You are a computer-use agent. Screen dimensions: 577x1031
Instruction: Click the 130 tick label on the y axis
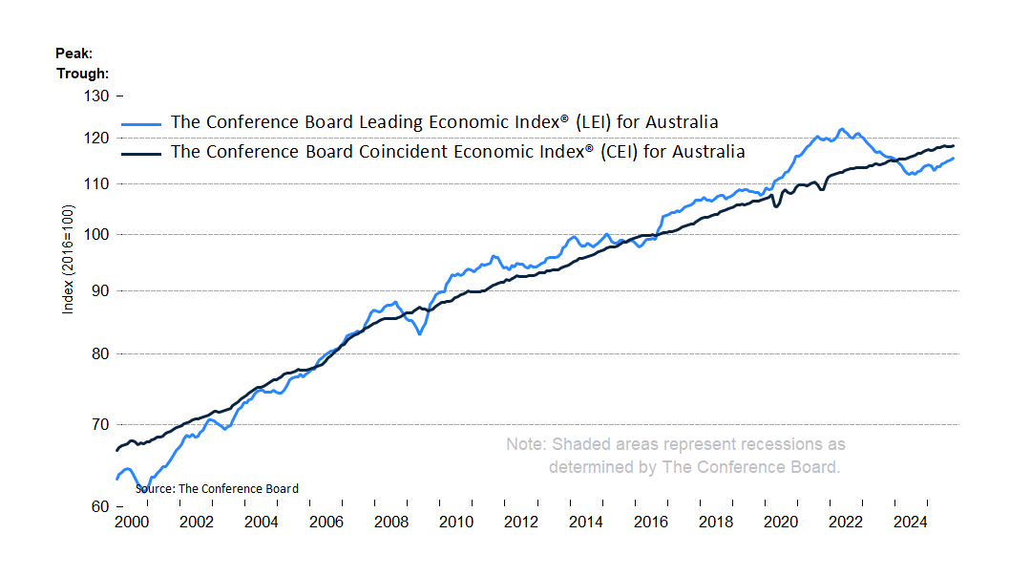tap(97, 96)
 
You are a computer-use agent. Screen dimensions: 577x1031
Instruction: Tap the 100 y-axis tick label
tap(98, 235)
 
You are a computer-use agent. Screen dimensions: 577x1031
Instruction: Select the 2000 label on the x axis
tap(131, 523)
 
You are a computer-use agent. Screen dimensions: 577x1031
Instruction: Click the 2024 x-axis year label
tap(912, 523)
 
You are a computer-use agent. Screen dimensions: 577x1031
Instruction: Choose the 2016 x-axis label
tap(651, 523)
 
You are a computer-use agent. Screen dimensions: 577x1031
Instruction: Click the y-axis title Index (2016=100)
tap(68, 259)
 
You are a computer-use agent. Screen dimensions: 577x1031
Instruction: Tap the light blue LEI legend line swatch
tap(143, 123)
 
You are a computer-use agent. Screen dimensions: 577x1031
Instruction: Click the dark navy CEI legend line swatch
tap(143, 152)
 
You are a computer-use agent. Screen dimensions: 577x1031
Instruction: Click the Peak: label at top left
tap(74, 53)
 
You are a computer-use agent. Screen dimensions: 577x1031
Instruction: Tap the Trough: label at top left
tap(82, 73)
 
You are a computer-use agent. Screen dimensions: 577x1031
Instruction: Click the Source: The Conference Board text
tap(217, 488)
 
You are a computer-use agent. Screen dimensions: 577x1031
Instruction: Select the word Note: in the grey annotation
tap(526, 444)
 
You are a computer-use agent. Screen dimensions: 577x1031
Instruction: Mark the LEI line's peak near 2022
tap(841, 129)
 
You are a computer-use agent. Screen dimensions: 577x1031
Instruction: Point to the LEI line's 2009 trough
tap(420, 333)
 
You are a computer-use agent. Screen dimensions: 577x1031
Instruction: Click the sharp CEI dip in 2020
tap(776, 206)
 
